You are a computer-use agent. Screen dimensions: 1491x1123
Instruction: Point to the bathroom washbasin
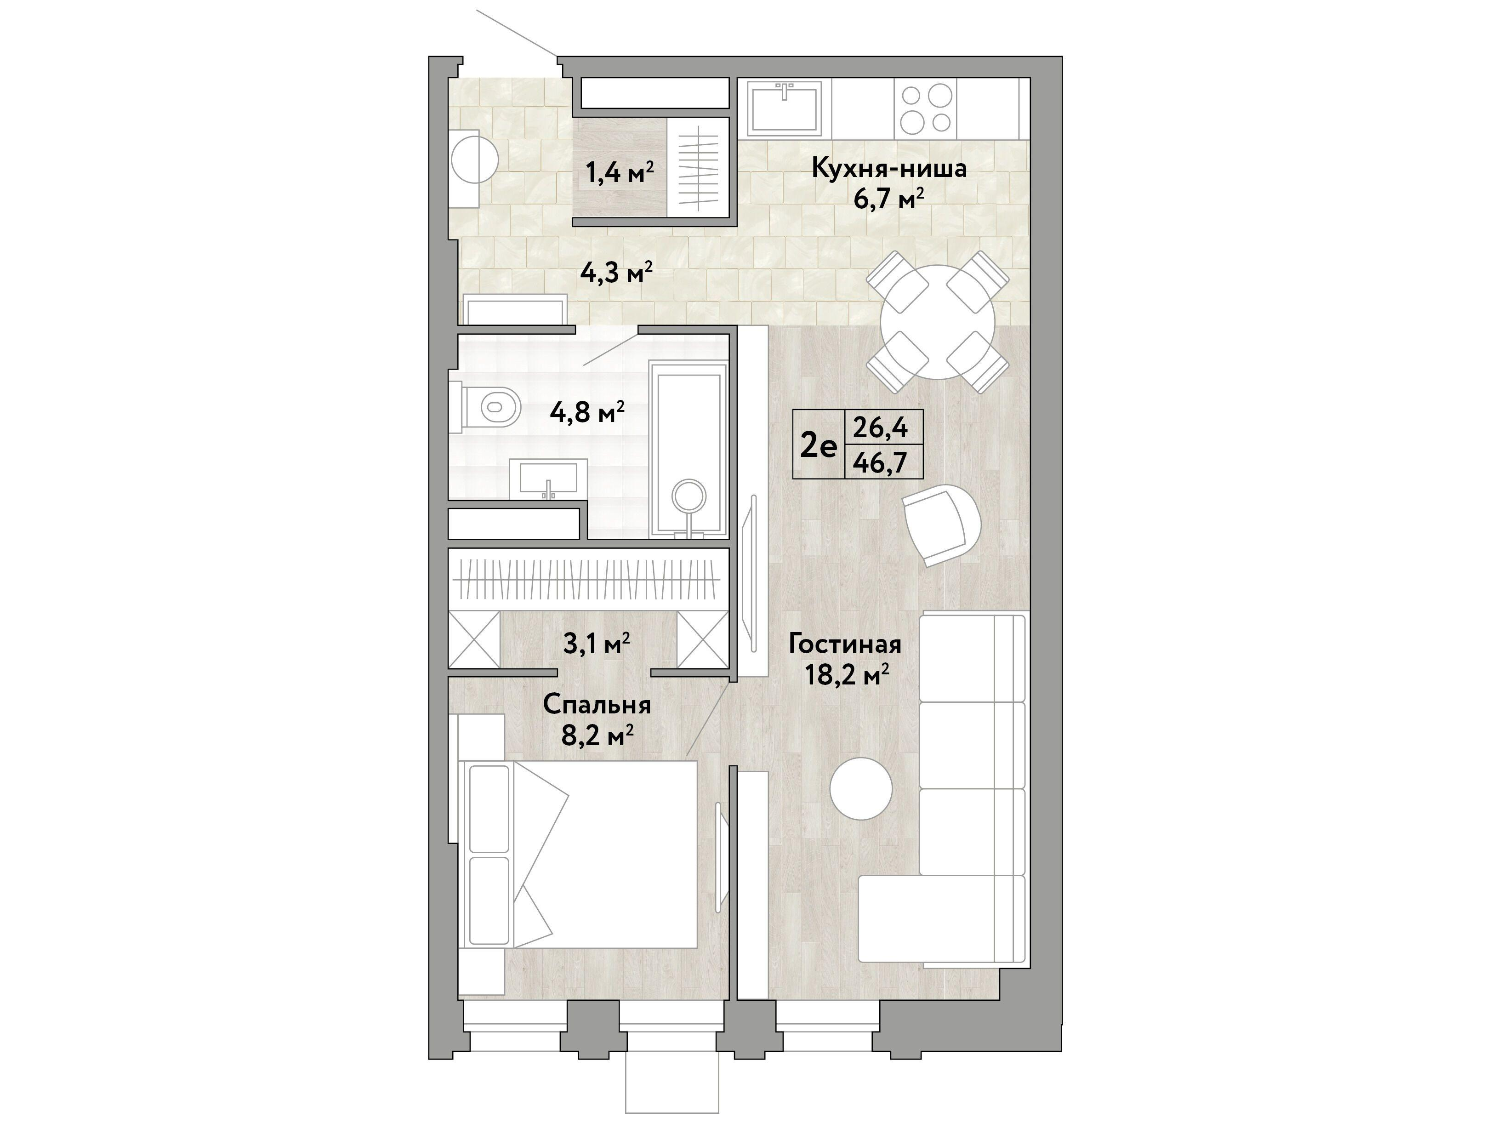548,479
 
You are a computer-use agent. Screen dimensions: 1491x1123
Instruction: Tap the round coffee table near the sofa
861,789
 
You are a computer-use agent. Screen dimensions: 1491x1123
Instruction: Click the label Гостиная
845,644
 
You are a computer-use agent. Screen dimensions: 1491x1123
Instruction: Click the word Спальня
597,705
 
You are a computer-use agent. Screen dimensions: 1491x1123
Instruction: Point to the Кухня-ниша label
888,168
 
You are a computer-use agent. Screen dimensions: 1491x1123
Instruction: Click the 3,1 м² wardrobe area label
597,644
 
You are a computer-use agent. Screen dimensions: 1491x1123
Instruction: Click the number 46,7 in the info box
880,462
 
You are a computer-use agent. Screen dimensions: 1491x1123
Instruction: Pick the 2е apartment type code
818,445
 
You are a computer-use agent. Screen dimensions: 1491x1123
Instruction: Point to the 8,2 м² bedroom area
597,735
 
